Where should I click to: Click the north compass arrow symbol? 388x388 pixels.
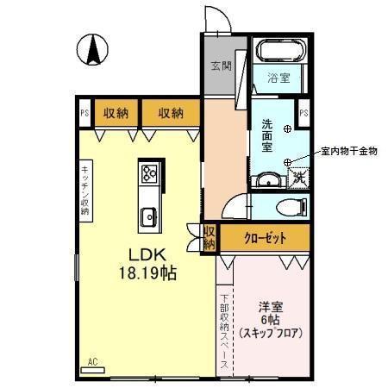pyautogui.click(x=91, y=49)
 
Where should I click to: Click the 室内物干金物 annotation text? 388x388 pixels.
pyautogui.click(x=348, y=151)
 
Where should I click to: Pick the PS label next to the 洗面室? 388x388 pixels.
pyautogui.click(x=304, y=111)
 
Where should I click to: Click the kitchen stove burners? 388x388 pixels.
pyautogui.click(x=147, y=175)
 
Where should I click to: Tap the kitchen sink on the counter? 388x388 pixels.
pyautogui.click(x=147, y=216)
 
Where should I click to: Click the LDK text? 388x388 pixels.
pyautogui.click(x=147, y=255)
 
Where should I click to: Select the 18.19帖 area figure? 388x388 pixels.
pyautogui.click(x=147, y=273)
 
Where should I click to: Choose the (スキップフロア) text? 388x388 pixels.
pyautogui.click(x=270, y=332)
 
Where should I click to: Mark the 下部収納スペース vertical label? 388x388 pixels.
pyautogui.click(x=223, y=329)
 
